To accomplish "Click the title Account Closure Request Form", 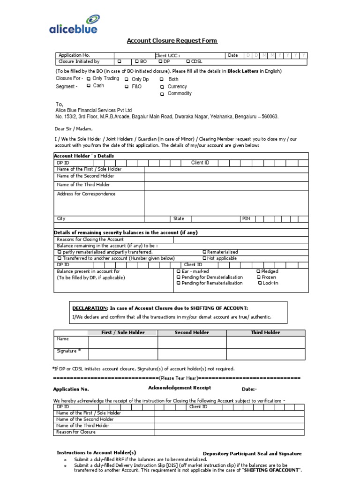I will tap(172, 41).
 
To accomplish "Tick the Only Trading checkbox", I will tap(89, 79).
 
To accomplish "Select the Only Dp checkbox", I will tap(127, 79).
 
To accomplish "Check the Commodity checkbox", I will tap(162, 94).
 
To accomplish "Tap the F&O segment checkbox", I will tap(127, 87).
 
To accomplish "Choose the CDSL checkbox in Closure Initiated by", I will tap(188, 61).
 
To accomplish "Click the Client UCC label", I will tap(168, 55).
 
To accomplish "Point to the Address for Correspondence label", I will tap(86, 194).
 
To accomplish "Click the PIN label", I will tap(246, 219).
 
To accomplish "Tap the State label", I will tap(179, 219).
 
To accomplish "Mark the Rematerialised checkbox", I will tap(204, 252).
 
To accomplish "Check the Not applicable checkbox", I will tap(204, 258).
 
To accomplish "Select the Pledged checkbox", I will tap(258, 271).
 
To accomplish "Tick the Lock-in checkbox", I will tap(260, 283).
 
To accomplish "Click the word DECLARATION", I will tap(89, 308).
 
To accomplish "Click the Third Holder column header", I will tap(265, 332).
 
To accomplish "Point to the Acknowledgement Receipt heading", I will tap(180, 388).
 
